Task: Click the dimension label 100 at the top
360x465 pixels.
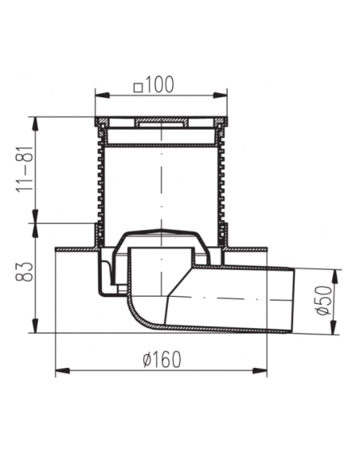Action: (159, 84)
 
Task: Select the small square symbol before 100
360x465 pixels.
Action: (139, 88)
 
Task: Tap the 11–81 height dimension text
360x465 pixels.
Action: (25, 169)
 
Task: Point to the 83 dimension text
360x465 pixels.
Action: (25, 272)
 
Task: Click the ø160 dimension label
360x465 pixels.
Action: (162, 360)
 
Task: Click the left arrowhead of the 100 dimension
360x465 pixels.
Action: (102, 95)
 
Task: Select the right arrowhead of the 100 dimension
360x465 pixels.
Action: (221, 95)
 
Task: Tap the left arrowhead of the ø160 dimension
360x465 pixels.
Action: (63, 371)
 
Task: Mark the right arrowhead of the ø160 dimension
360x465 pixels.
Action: (260, 371)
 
